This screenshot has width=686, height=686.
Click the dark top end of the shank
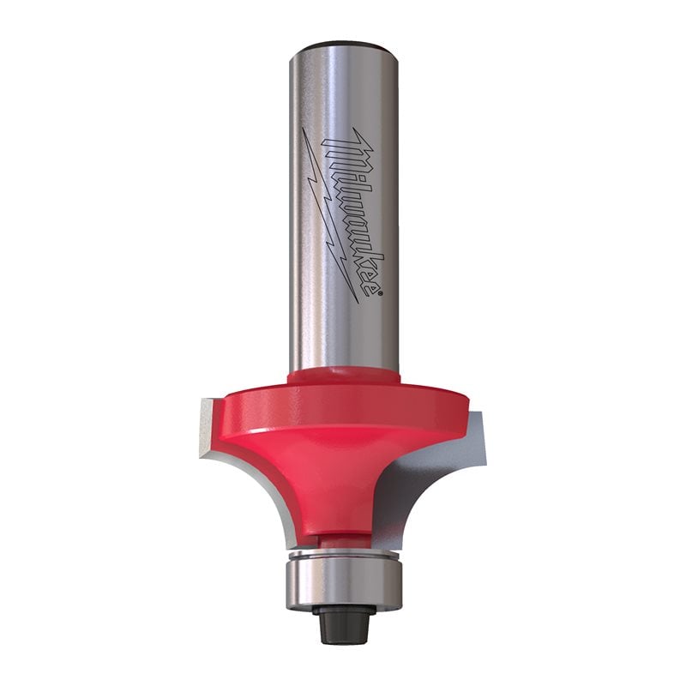tap(343, 45)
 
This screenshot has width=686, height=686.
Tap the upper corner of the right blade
tap(477, 416)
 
